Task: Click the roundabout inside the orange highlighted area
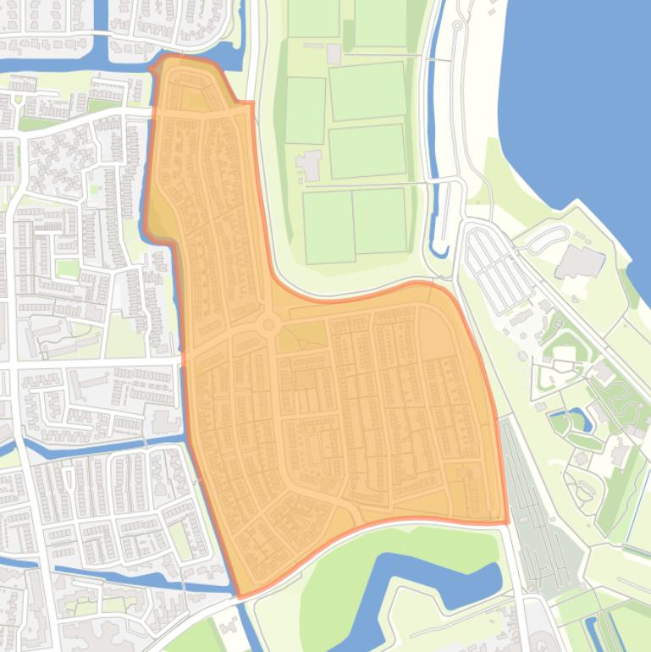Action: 269,323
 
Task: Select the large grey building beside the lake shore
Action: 581,262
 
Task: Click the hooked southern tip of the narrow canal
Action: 437,250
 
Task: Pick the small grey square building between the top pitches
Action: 334,54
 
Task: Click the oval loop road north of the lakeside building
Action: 549,237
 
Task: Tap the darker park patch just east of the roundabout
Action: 301,336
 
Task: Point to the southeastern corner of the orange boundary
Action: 506,522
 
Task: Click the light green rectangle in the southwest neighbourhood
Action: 180,539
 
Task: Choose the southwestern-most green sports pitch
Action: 328,227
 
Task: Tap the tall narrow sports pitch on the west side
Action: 305,110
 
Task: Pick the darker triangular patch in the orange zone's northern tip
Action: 195,100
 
